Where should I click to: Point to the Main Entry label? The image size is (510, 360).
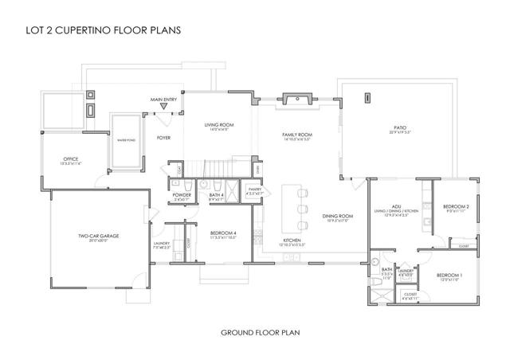[163, 100]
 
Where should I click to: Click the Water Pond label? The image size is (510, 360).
[127, 140]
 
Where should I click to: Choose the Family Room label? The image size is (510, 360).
[297, 136]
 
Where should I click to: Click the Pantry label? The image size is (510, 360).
[255, 190]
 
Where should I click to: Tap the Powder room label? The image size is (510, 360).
[180, 196]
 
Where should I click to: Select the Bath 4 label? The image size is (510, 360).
[215, 196]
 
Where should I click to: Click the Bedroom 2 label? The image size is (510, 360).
[457, 207]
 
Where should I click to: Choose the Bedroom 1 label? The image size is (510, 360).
[449, 276]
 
